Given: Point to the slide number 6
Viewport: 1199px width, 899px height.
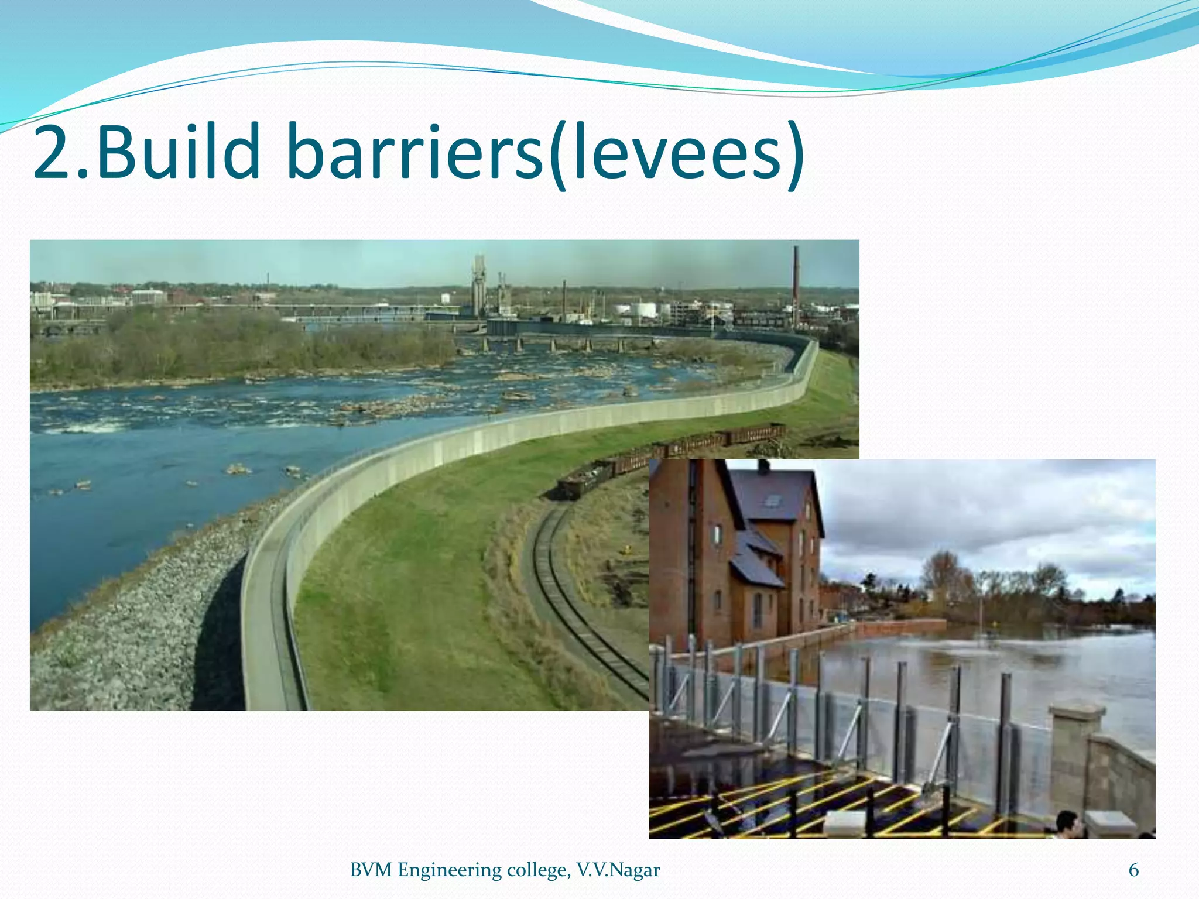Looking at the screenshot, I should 1133,870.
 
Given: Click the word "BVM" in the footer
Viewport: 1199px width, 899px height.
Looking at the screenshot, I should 371,870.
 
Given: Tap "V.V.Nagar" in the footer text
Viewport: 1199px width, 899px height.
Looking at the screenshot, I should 618,870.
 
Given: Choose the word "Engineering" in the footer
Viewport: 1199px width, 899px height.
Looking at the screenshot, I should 449,870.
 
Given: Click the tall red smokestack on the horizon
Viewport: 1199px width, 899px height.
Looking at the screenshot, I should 796,287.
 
